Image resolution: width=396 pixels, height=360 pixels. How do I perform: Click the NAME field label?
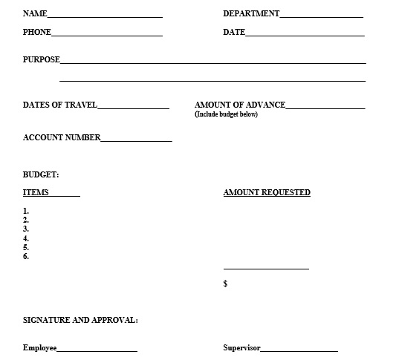(x=35, y=14)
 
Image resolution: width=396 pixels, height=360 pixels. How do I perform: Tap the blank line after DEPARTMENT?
(x=321, y=16)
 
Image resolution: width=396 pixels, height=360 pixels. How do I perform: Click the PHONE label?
(x=37, y=33)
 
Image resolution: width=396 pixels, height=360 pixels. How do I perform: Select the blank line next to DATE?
(x=305, y=34)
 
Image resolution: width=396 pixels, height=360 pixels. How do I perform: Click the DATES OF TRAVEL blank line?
(x=133, y=108)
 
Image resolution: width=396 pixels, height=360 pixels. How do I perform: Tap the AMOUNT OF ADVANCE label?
(x=240, y=105)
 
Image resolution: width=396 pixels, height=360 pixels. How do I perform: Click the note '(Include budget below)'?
(x=226, y=114)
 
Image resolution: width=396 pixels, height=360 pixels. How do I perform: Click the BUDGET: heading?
(x=41, y=175)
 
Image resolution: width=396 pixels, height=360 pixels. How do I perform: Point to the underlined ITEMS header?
(x=36, y=193)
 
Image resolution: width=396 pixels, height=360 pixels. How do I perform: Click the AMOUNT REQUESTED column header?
(x=267, y=193)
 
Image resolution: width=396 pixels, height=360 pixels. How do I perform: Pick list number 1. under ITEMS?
(x=26, y=212)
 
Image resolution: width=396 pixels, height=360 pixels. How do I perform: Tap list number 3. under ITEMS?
(x=26, y=229)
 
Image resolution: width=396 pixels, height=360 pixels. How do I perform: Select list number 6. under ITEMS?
(x=26, y=257)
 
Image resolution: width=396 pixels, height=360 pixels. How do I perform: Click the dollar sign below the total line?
(x=226, y=284)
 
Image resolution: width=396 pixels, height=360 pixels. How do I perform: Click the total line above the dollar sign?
(x=266, y=269)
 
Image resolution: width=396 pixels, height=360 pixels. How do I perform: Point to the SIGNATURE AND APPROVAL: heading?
(x=80, y=321)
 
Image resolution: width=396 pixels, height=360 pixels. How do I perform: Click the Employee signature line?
(x=97, y=350)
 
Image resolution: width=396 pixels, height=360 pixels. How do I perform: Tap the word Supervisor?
(x=241, y=348)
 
